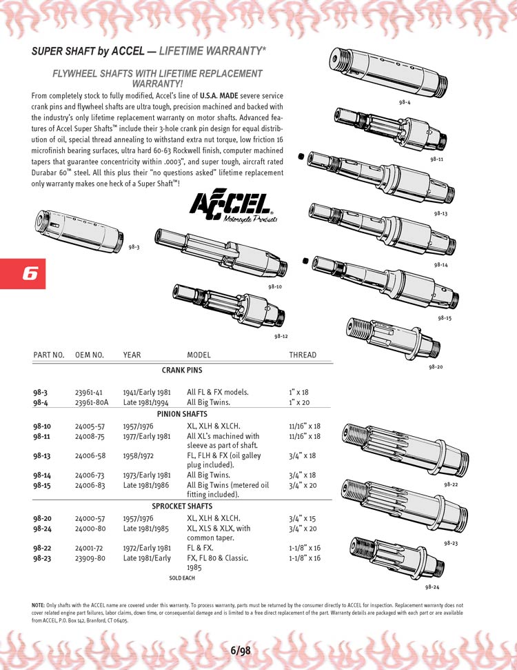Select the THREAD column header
pos(303,355)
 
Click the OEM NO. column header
pos(89,355)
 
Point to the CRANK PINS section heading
pos(182,371)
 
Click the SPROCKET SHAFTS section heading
pos(182,506)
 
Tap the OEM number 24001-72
pos(90,548)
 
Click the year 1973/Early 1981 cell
pos(147,475)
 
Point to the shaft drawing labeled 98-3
pos(79,228)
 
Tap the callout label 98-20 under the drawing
pos(435,366)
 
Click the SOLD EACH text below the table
pos(182,577)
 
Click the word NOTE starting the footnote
pos(39,605)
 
